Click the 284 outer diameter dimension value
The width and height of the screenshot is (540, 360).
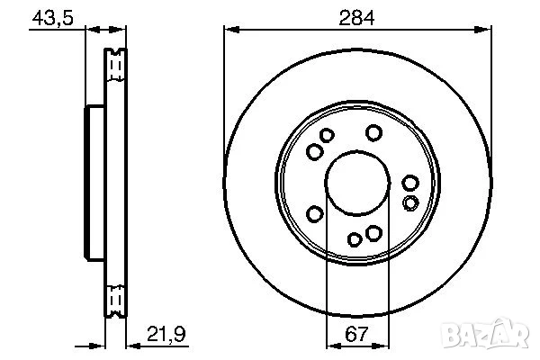point(358,15)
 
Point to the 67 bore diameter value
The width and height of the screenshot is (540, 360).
point(358,335)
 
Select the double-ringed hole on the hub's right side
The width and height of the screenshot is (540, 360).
point(410,202)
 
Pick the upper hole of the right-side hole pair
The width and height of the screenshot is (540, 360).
point(410,183)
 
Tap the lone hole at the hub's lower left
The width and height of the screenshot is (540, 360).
point(315,213)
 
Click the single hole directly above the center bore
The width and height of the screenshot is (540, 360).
point(373,133)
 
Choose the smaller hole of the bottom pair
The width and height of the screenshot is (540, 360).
point(355,238)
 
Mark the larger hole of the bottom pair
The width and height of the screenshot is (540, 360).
point(373,234)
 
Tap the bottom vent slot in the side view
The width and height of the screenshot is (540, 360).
point(114,296)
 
